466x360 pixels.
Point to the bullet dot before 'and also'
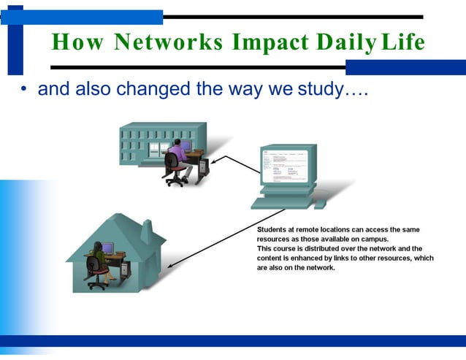(x=23, y=91)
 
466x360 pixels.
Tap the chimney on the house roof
(x=146, y=232)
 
